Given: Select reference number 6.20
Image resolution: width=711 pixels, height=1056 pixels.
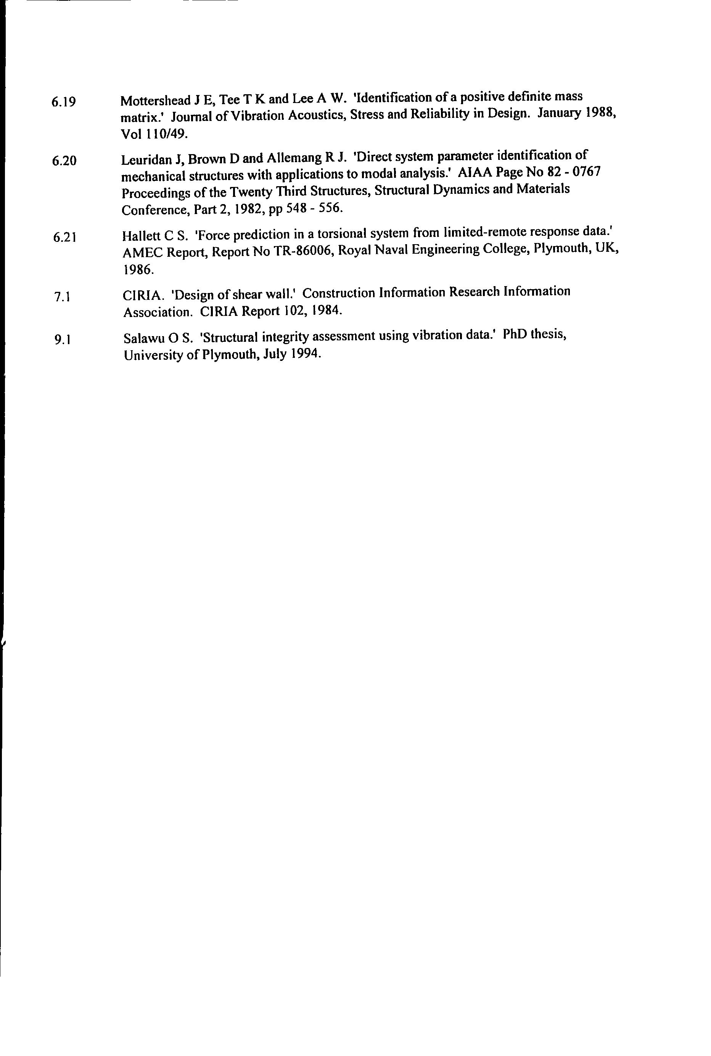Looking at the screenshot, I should pos(64,161).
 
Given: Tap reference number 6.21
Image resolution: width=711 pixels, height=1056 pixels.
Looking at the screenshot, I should pos(64,237).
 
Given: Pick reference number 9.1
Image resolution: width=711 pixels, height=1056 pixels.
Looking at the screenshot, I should pos(62,340).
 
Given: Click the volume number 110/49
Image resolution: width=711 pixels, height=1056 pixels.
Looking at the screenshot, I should pos(164,134).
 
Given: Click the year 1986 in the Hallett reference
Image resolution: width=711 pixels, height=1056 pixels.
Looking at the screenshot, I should pos(138,270).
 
